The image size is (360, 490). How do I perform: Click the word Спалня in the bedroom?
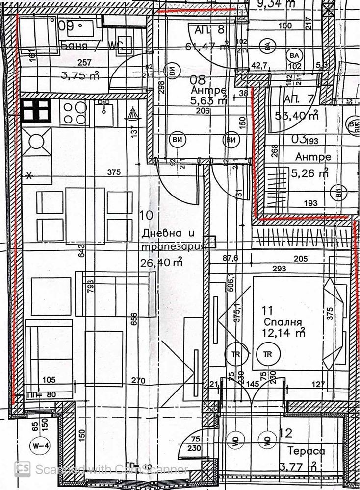pyautogui.click(x=282, y=322)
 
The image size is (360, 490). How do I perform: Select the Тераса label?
pyautogui.click(x=308, y=451)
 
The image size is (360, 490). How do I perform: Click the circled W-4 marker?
pyautogui.click(x=37, y=445)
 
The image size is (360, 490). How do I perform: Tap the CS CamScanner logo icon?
pyautogui.click(x=23, y=469)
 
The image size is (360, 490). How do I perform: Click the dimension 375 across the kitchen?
pyautogui.click(x=114, y=172)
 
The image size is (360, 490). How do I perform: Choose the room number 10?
pyautogui.click(x=147, y=215)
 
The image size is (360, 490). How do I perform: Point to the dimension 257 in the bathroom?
pyautogui.click(x=86, y=62)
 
